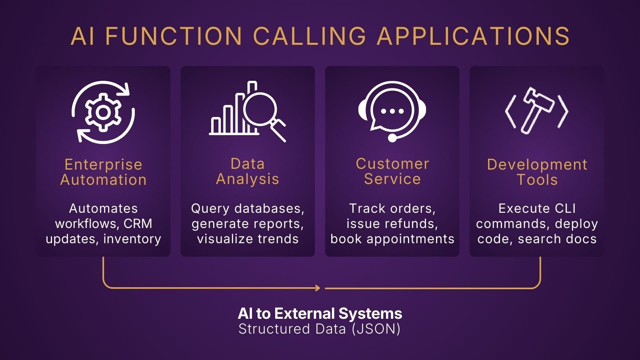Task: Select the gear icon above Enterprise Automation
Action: (x=103, y=112)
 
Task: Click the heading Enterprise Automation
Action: (x=103, y=172)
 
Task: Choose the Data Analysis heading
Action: (x=248, y=171)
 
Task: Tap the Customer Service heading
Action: (x=392, y=171)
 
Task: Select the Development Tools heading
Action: (x=537, y=172)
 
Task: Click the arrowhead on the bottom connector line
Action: (x=318, y=288)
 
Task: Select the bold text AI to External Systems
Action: (x=320, y=314)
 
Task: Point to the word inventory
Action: (x=132, y=239)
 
